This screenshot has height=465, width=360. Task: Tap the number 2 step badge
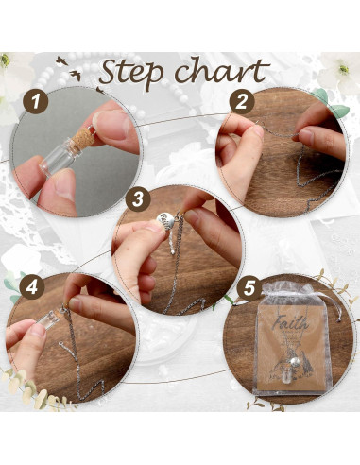[244, 101]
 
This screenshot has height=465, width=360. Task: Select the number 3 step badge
[138, 199]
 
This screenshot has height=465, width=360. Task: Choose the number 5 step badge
[250, 286]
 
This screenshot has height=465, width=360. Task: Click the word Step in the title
[142, 72]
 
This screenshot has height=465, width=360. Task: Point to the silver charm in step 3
[163, 223]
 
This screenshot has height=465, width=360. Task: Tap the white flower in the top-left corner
[11, 66]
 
